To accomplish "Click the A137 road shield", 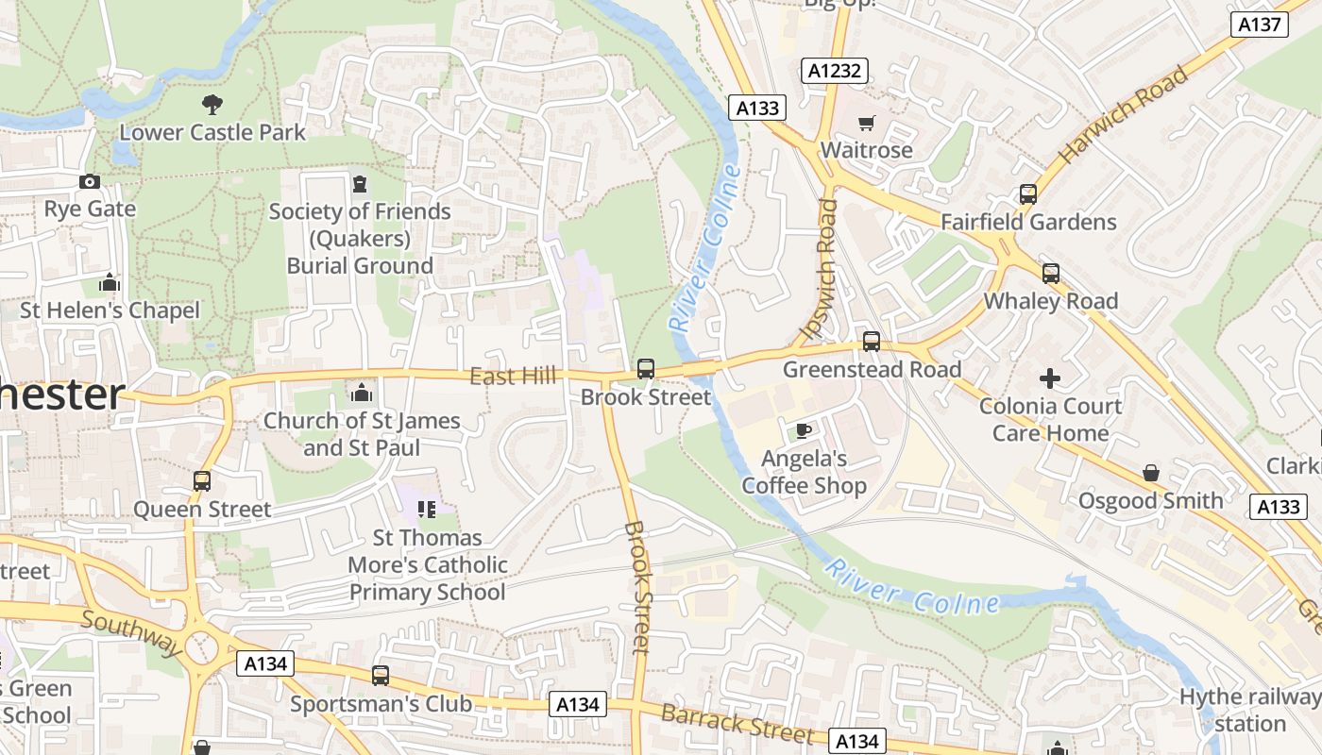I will pyautogui.click(x=1260, y=25).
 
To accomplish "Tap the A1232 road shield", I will pyautogui.click(x=836, y=70).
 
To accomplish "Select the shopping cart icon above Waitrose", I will pyautogui.click(x=866, y=123).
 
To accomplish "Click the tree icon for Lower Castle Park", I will pyautogui.click(x=212, y=105).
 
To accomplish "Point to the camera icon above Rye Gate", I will pyautogui.click(x=90, y=181).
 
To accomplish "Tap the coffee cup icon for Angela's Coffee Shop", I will pyautogui.click(x=803, y=431).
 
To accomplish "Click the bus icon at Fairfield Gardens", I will pyautogui.click(x=1028, y=194).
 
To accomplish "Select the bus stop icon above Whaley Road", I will pyautogui.click(x=1050, y=274).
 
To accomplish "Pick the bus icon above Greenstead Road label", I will pyautogui.click(x=872, y=342).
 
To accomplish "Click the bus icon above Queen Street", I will pyautogui.click(x=202, y=481).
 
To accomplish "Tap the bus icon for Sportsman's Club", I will pyautogui.click(x=381, y=676).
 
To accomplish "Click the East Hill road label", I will pyautogui.click(x=513, y=377).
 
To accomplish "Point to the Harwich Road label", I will pyautogui.click(x=1123, y=115).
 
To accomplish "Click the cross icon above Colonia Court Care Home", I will pyautogui.click(x=1049, y=378).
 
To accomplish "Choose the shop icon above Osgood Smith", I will pyautogui.click(x=1150, y=473).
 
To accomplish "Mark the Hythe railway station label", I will pyautogui.click(x=1249, y=711).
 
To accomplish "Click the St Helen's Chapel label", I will pyautogui.click(x=110, y=310).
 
